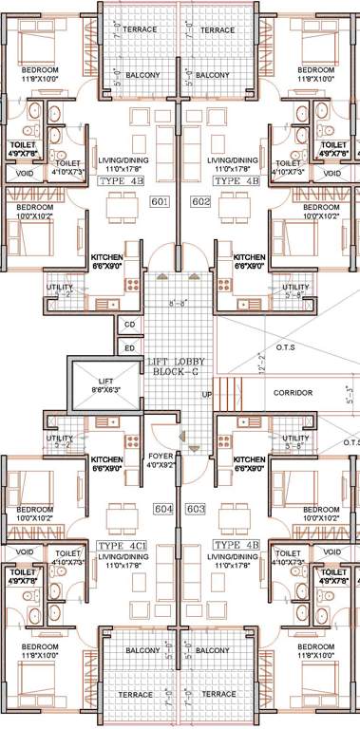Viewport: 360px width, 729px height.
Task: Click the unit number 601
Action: coord(159,201)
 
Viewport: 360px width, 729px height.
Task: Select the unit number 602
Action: coord(199,201)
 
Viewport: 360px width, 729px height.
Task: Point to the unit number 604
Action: coord(164,510)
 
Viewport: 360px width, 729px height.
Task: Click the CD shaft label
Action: coord(129,326)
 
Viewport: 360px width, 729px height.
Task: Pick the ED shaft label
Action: coord(129,348)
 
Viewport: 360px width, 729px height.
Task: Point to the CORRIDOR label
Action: coord(294,393)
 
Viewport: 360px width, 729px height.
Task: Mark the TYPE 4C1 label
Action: coord(122,546)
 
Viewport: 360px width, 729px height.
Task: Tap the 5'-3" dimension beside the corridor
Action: coord(351,392)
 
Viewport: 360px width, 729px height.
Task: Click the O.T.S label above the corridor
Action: coord(287,347)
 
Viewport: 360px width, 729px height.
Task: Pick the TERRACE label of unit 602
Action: coord(218,30)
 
